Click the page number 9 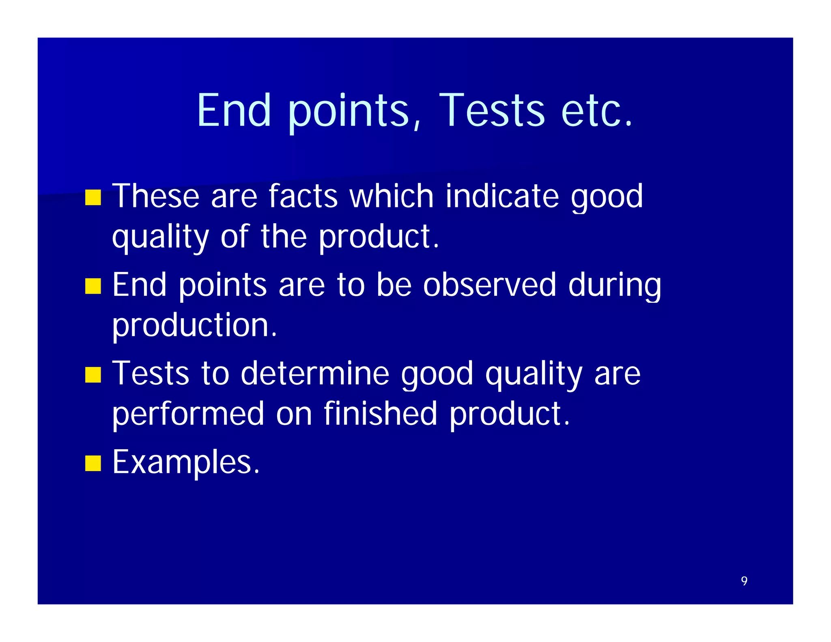point(744,581)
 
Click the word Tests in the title point(491,110)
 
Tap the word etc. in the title point(596,110)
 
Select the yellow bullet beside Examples point(93,463)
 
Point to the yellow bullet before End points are point(93,286)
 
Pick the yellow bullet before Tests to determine point(93,375)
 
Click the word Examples point(186,463)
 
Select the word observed point(489,285)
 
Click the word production point(194,325)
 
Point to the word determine point(315,373)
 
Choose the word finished point(380,414)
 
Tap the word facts point(303,196)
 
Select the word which point(392,196)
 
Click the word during point(614,285)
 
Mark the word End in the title point(234,110)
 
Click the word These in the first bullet point(155,196)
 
